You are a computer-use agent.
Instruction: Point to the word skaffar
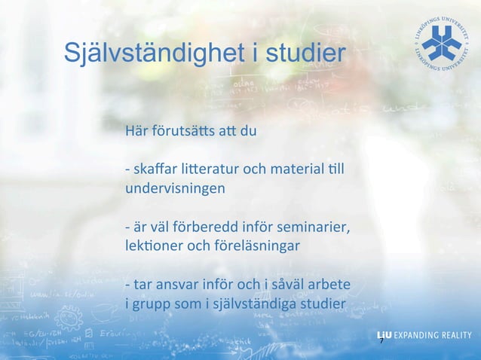152,166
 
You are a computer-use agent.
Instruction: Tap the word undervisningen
174,185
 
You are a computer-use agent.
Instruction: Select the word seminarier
312,227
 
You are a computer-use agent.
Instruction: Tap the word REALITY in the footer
452,335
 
